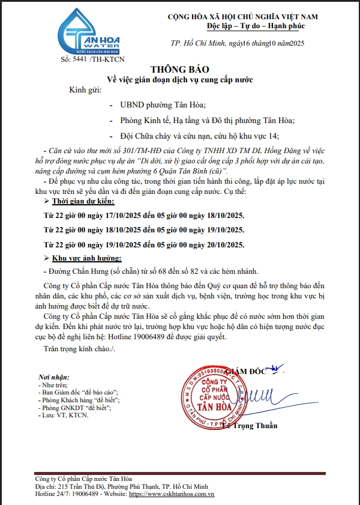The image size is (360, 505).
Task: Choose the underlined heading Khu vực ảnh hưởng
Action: pyautogui.click(x=86, y=258)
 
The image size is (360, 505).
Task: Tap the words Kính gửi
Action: pyautogui.click(x=86, y=90)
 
